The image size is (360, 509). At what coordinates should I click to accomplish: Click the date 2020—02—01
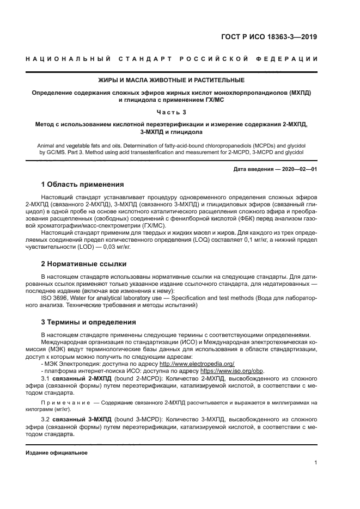(298, 169)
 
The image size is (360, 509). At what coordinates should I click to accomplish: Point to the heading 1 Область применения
(82, 184)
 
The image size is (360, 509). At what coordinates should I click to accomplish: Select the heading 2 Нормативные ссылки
(84, 264)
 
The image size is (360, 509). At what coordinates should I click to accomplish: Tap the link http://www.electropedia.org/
(197, 364)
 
